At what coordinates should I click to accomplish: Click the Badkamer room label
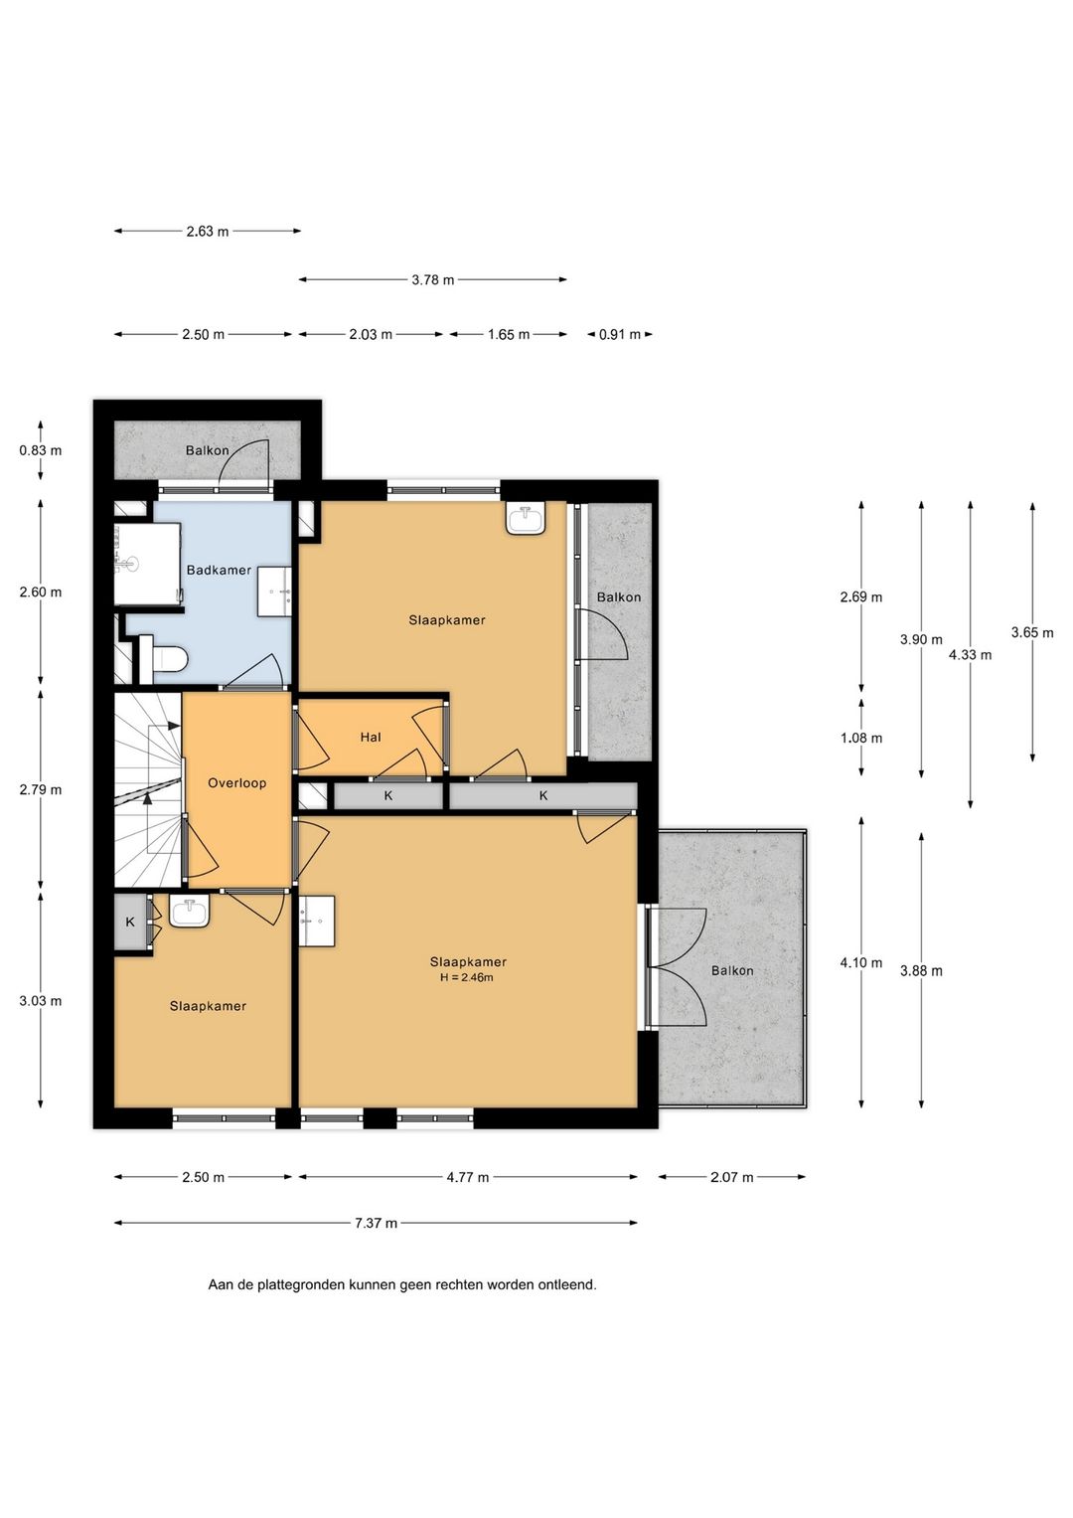tap(219, 570)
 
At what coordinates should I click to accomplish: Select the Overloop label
tap(236, 782)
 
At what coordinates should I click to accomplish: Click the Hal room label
tap(371, 738)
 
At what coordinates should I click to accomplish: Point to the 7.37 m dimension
tap(377, 1223)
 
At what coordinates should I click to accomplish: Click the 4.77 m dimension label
tap(467, 1177)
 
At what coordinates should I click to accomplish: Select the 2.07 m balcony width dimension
tap(731, 1177)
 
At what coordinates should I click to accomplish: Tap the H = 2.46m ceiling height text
tap(466, 977)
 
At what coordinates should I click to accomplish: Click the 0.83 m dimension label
tap(41, 450)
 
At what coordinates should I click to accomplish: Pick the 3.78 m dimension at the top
tap(433, 280)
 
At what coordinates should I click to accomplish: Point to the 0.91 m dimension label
tap(619, 334)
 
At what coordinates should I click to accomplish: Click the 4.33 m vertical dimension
tap(970, 655)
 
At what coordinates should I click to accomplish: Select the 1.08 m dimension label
tap(861, 738)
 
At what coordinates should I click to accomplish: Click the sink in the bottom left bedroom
tap(189, 913)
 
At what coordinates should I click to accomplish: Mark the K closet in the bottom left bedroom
tap(130, 922)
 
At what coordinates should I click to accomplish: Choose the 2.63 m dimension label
tap(208, 231)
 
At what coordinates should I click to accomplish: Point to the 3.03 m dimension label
tap(41, 1001)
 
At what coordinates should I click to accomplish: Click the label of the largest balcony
tap(731, 970)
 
